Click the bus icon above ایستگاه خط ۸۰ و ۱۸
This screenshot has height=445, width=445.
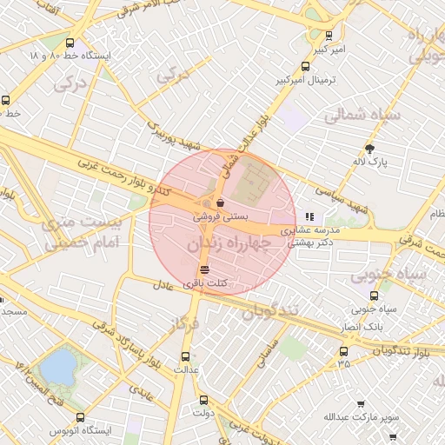pyautogui.click(x=70, y=43)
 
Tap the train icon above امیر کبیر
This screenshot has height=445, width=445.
pyautogui.click(x=329, y=37)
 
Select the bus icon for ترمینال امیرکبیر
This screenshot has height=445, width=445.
pyautogui.click(x=304, y=66)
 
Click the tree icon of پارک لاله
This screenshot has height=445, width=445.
pyautogui.click(x=371, y=149)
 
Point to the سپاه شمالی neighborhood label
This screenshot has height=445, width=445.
pyautogui.click(x=362, y=115)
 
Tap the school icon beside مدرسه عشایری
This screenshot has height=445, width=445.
pyautogui.click(x=309, y=216)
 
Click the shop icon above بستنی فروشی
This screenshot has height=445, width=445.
pyautogui.click(x=220, y=203)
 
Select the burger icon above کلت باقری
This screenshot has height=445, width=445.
pyautogui.click(x=204, y=269)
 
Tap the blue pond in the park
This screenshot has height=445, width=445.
pyautogui.click(x=57, y=366)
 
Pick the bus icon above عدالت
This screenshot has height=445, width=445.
pyautogui.click(x=184, y=355)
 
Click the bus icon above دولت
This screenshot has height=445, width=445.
pyautogui.click(x=203, y=401)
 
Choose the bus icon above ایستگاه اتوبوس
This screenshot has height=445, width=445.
pyautogui.click(x=81, y=417)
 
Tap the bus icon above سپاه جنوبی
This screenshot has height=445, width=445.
pyautogui.click(x=362, y=295)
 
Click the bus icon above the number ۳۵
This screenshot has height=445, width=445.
pyautogui.click(x=344, y=351)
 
